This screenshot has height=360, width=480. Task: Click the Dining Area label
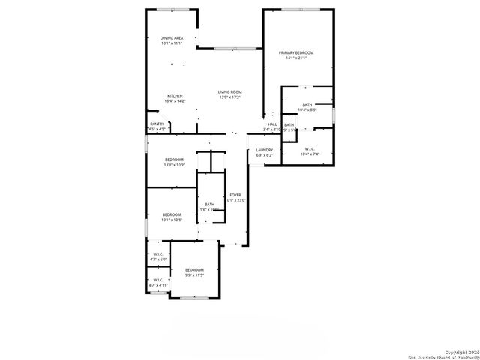[x=172, y=37]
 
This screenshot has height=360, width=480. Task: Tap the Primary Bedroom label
[x=295, y=52]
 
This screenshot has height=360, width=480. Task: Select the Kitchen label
[x=175, y=96]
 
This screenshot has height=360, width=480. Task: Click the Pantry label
[x=157, y=124]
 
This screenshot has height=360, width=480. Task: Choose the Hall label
[x=272, y=124]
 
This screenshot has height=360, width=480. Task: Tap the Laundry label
[x=264, y=150]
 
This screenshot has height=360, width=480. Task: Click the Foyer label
[x=236, y=194]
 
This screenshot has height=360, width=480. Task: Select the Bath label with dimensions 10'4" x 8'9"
[x=307, y=105]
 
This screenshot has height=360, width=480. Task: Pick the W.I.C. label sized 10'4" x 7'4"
[x=309, y=148]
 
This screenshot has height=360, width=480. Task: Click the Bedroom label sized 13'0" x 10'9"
[x=174, y=160]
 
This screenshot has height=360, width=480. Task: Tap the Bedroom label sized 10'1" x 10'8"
[x=172, y=215]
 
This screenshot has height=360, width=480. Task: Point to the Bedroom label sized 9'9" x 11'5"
[x=194, y=270]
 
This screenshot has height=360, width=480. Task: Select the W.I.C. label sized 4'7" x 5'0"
[x=158, y=254]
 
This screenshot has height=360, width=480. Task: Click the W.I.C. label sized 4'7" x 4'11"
[x=158, y=280]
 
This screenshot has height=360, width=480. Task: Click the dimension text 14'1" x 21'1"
[x=295, y=58]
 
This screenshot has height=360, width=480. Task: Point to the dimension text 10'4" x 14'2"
[x=175, y=101]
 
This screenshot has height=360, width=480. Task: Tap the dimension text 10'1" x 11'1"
[x=172, y=43]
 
